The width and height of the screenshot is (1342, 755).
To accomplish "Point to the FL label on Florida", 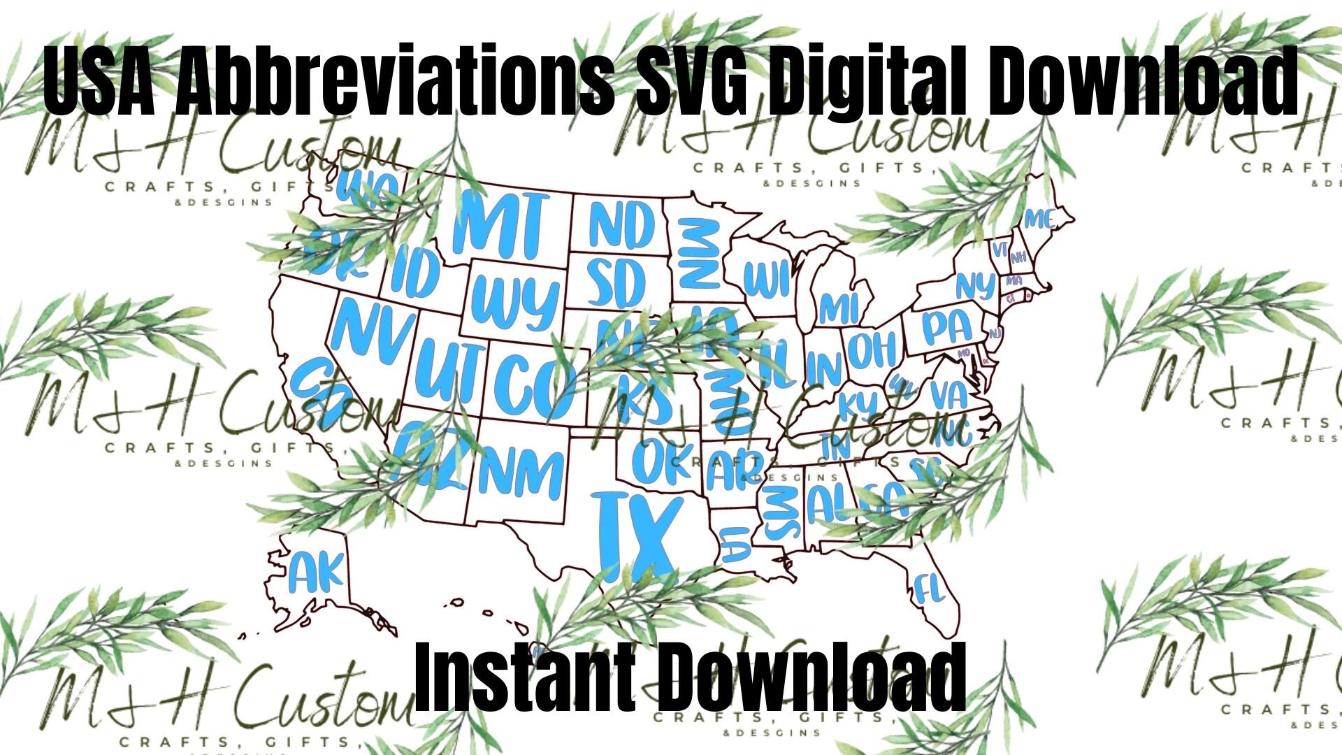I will tap(929, 589).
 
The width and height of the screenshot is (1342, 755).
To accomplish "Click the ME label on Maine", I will tap(1039, 220).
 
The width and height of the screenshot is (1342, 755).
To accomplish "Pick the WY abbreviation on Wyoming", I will tap(516, 303).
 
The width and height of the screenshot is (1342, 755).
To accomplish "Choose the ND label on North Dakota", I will tap(622, 225).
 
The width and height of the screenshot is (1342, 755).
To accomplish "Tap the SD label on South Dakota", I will tap(616, 283).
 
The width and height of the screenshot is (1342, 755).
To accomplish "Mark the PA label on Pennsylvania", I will tap(947, 327).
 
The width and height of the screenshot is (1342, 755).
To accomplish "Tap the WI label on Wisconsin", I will tap(767, 279).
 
